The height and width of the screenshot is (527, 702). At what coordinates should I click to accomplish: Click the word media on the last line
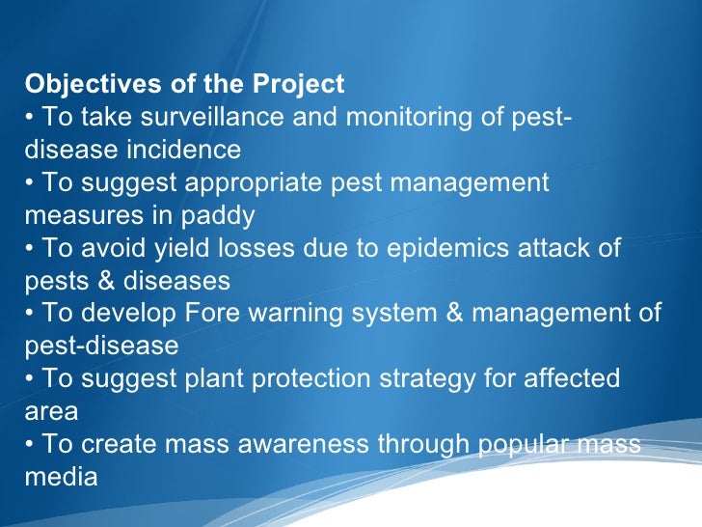(x=61, y=477)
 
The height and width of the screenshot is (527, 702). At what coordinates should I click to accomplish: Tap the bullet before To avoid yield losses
(x=29, y=248)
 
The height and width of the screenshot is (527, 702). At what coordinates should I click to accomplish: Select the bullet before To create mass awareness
(x=29, y=444)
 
